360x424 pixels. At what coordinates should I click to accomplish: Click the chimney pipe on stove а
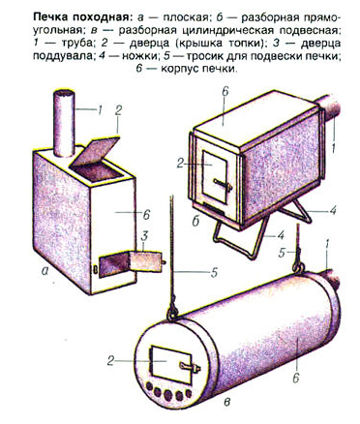(x=64, y=123)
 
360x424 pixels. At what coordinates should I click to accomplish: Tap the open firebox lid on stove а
(x=95, y=150)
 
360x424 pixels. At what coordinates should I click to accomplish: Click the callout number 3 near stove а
(x=144, y=236)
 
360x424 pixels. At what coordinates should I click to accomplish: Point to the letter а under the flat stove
(x=45, y=271)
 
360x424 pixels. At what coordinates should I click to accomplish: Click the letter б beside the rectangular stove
(x=195, y=221)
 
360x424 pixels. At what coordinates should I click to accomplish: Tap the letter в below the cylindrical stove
(x=227, y=402)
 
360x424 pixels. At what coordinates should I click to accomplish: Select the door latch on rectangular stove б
(x=223, y=185)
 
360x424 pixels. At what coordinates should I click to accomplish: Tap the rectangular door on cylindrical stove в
(x=171, y=365)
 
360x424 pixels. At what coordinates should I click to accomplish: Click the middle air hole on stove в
(x=167, y=395)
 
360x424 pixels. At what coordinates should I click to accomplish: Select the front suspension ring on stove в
(x=172, y=313)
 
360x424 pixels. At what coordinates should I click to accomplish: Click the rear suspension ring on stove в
(x=299, y=267)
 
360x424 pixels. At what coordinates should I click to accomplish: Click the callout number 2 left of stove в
(x=111, y=361)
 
